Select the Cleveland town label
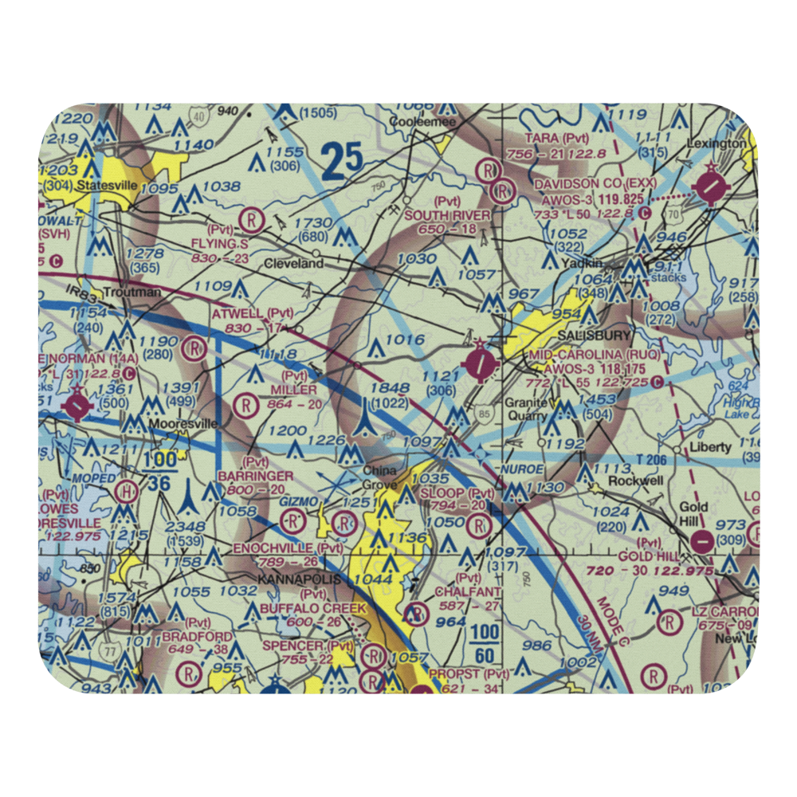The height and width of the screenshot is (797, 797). coord(293,263)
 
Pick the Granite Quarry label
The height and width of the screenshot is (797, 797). coord(525,410)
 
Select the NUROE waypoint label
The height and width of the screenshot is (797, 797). coord(522,469)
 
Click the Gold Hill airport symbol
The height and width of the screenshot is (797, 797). coord(702,542)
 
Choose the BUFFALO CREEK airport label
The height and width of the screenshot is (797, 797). coord(313,608)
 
